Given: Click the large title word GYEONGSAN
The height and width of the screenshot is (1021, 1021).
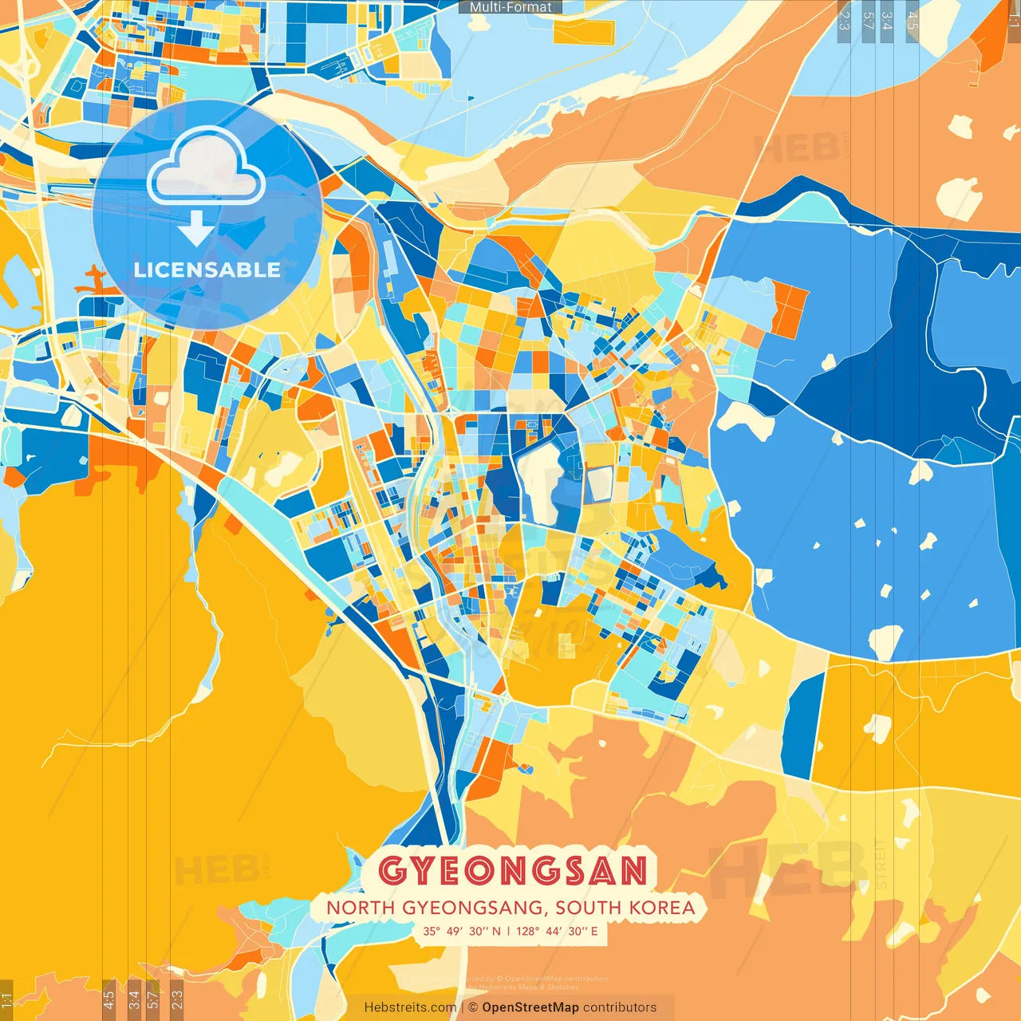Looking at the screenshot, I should (x=512, y=870).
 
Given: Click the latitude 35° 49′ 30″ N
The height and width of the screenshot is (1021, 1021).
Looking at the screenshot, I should (x=462, y=931).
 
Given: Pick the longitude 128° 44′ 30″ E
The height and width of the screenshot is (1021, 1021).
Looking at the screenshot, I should (x=557, y=931).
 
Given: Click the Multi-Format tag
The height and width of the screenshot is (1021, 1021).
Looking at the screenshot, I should (x=510, y=7).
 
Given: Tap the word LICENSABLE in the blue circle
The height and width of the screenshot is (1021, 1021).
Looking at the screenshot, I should (x=207, y=270).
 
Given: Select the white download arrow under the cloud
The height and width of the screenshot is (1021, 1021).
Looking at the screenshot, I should (x=195, y=228).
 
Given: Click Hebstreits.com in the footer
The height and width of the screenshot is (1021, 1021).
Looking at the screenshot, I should (x=410, y=1007).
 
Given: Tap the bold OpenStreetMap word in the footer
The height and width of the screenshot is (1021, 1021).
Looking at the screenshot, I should (x=530, y=1007).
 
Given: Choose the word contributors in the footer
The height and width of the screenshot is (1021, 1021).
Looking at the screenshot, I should (x=620, y=1007).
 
